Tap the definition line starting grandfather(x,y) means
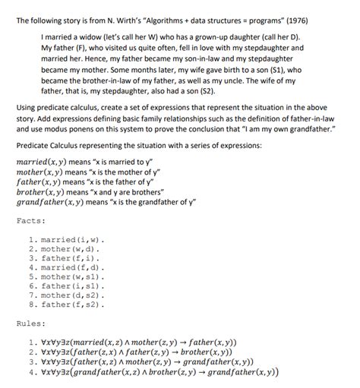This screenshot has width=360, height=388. (x=106, y=203)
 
